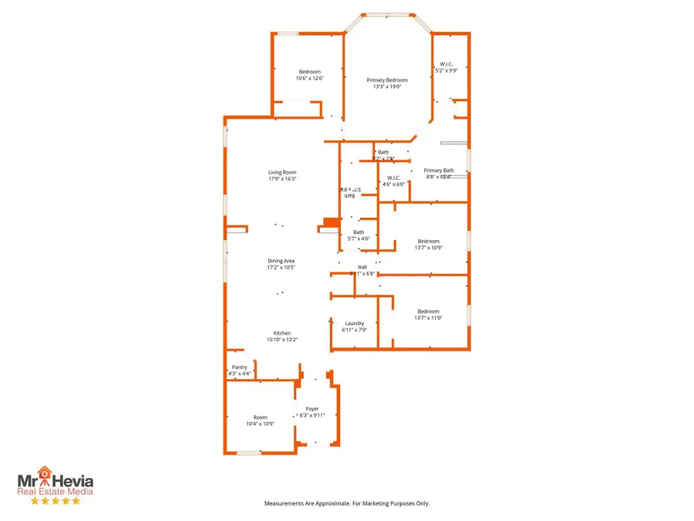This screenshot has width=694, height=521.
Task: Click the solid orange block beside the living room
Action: pos(331,224)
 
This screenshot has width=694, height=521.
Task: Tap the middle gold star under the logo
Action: pos(55,501)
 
